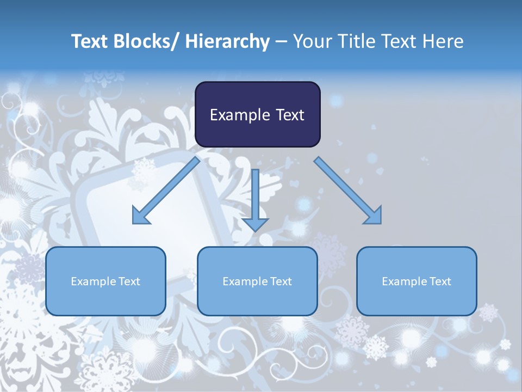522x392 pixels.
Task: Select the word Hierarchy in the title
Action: click(227, 41)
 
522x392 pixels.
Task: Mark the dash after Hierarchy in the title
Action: click(281, 42)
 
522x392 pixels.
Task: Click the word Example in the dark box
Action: click(236, 115)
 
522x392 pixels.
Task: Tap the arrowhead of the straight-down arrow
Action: click(255, 224)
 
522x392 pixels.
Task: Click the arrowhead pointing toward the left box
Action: click(141, 216)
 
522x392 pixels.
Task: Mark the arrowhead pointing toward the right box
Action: click(373, 216)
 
